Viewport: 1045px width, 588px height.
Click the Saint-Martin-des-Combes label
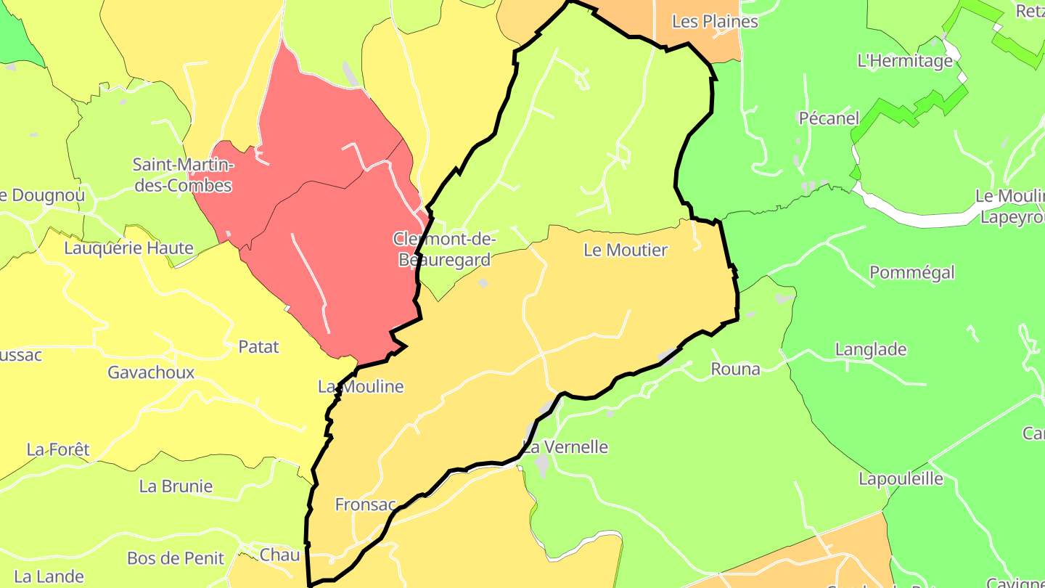pos(182,175)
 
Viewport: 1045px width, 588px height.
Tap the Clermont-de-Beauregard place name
pos(444,249)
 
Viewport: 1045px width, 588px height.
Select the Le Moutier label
pos(625,250)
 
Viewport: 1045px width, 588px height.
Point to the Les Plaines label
pos(715,22)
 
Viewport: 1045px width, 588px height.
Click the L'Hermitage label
pos(904,61)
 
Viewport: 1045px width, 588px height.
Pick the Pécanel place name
pos(829,118)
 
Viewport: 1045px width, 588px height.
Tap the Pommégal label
pos(911,273)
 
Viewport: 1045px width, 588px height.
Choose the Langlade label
pos(871,350)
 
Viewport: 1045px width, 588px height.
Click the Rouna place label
pos(735,369)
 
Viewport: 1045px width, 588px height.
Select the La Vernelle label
pos(565,447)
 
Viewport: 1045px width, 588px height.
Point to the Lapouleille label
pos(901,479)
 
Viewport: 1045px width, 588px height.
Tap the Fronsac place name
pos(365,505)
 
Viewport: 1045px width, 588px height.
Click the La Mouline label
pos(361,387)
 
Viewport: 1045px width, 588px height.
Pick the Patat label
pos(258,347)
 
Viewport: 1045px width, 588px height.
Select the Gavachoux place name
pos(151,372)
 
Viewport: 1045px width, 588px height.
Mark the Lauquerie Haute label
pos(128,248)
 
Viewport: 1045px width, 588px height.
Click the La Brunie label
pos(176,486)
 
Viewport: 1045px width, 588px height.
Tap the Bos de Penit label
pos(176,558)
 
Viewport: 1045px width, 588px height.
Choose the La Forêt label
pos(58,449)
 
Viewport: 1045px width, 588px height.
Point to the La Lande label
pos(49,577)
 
